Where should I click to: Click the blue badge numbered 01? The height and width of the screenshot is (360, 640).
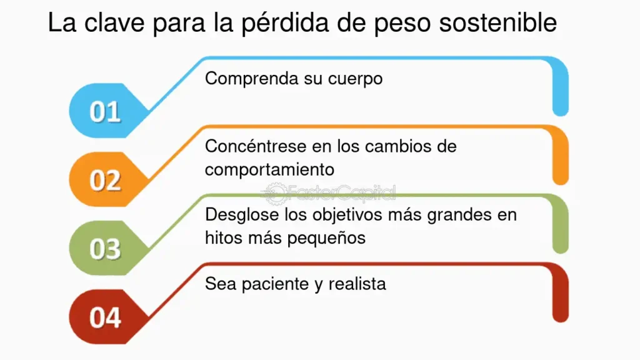click(x=107, y=111)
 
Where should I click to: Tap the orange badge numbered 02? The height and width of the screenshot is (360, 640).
click(x=107, y=179)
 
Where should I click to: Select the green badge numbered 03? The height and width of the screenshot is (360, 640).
click(x=107, y=248)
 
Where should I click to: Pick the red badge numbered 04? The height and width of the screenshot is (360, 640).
click(x=107, y=317)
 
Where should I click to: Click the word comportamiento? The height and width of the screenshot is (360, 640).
click(x=269, y=170)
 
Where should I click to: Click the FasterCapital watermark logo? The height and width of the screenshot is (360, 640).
click(x=329, y=194)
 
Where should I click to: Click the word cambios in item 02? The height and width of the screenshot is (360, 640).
click(x=396, y=146)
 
